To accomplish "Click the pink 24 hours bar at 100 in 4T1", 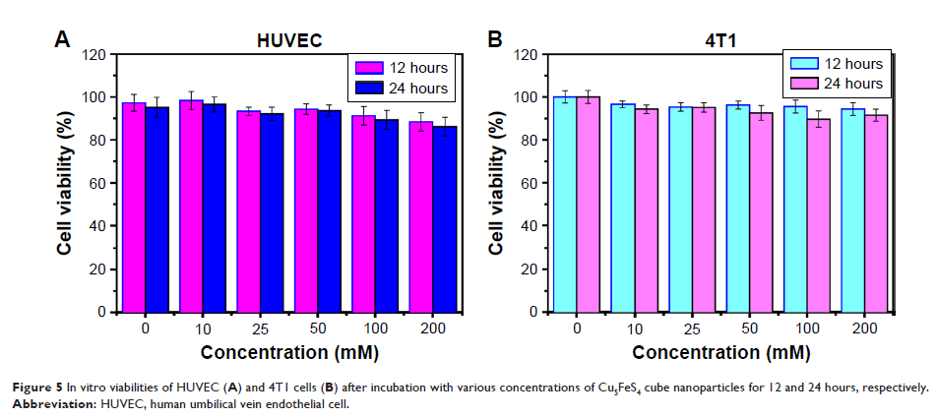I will tap(817, 215).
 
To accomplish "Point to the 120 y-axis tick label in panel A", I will tap(94, 54).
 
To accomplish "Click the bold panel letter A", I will tap(62, 40).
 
